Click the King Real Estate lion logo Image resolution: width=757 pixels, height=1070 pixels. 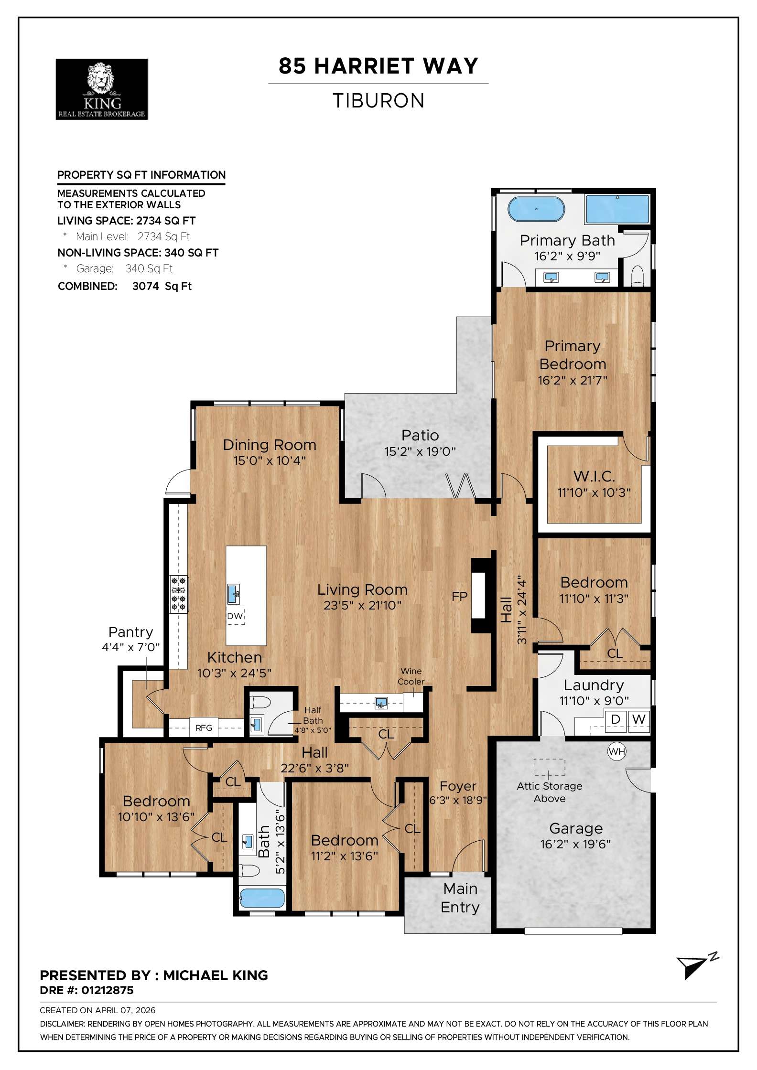click(101, 89)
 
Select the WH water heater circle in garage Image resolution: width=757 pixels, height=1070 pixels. click(616, 751)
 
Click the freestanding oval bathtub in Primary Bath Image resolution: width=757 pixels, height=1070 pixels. click(536, 209)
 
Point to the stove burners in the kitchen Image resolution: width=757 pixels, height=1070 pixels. click(179, 594)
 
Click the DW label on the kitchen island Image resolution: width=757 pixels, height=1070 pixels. click(235, 616)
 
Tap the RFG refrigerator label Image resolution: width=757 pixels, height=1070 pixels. click(204, 728)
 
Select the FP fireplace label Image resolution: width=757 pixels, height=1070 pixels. click(459, 596)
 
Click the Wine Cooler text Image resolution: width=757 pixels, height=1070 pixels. click(411, 676)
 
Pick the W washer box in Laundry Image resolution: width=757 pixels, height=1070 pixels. click(638, 719)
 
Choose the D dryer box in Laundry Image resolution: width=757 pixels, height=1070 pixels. click(616, 719)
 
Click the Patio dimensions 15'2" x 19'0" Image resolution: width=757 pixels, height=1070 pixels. click(420, 451)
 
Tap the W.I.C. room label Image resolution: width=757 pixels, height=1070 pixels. click(594, 476)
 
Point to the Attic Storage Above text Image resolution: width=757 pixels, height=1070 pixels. click(550, 792)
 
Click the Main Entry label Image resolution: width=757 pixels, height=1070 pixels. click(460, 898)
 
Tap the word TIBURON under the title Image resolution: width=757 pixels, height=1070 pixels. click(378, 101)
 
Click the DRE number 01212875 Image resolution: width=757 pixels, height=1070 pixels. click(107, 990)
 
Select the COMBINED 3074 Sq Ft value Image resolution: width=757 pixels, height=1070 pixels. click(162, 286)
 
